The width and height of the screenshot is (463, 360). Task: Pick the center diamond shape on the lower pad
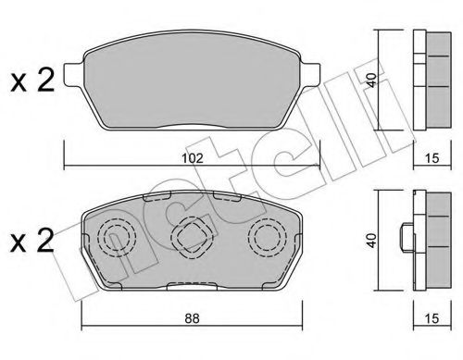(x=194, y=238)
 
